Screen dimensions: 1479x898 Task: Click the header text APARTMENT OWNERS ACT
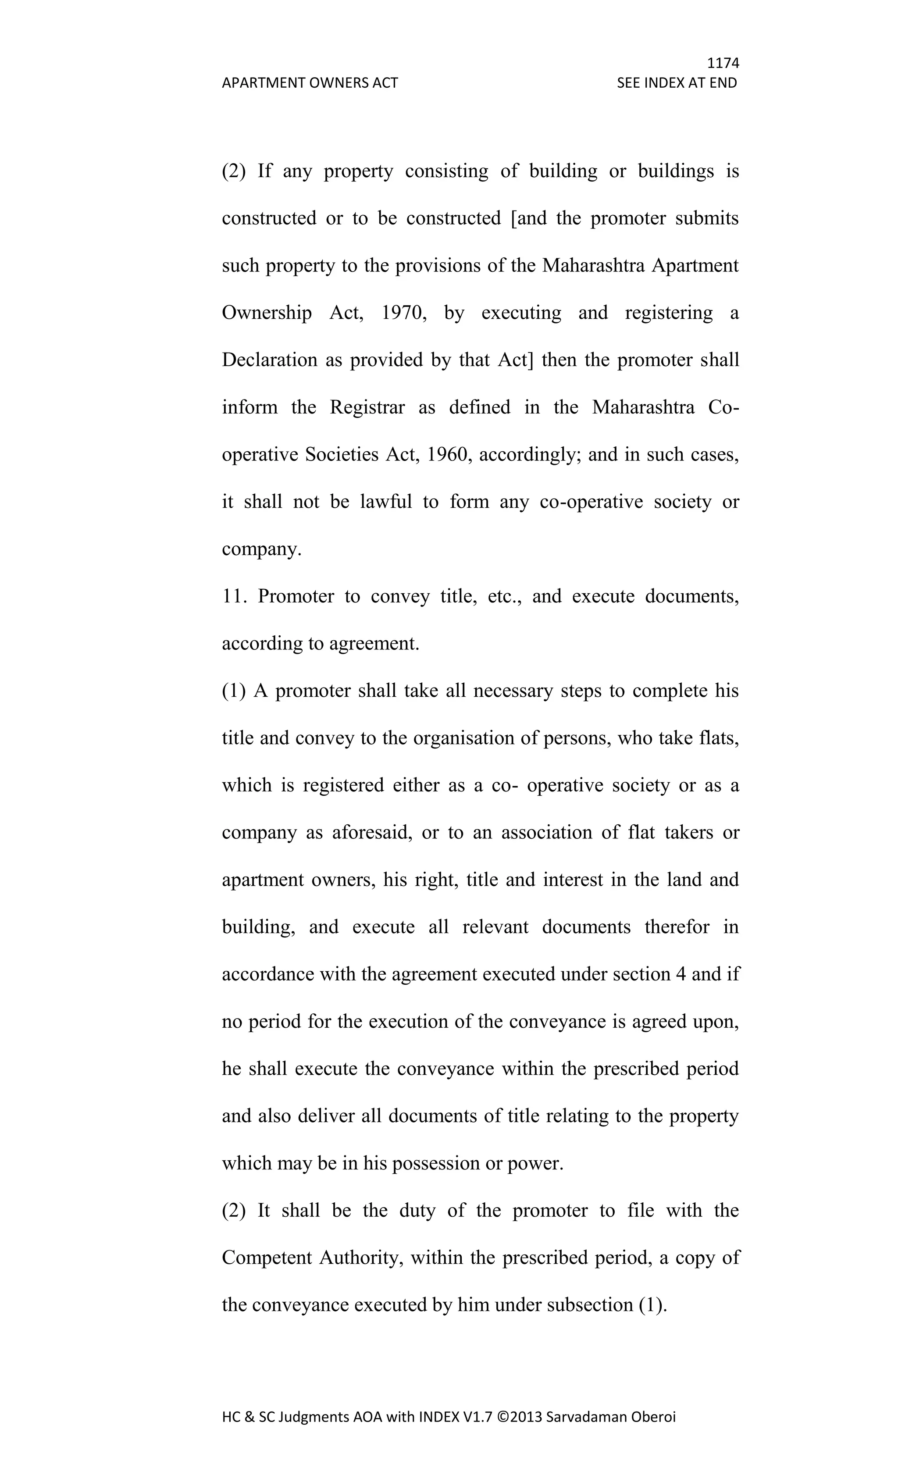310,83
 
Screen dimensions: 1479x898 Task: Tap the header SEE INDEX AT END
677,83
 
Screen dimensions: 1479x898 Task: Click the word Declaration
270,360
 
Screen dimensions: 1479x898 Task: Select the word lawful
386,502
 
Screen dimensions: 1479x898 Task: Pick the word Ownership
267,313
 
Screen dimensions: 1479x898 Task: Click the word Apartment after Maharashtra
695,265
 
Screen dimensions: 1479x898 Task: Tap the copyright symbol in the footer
502,1417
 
